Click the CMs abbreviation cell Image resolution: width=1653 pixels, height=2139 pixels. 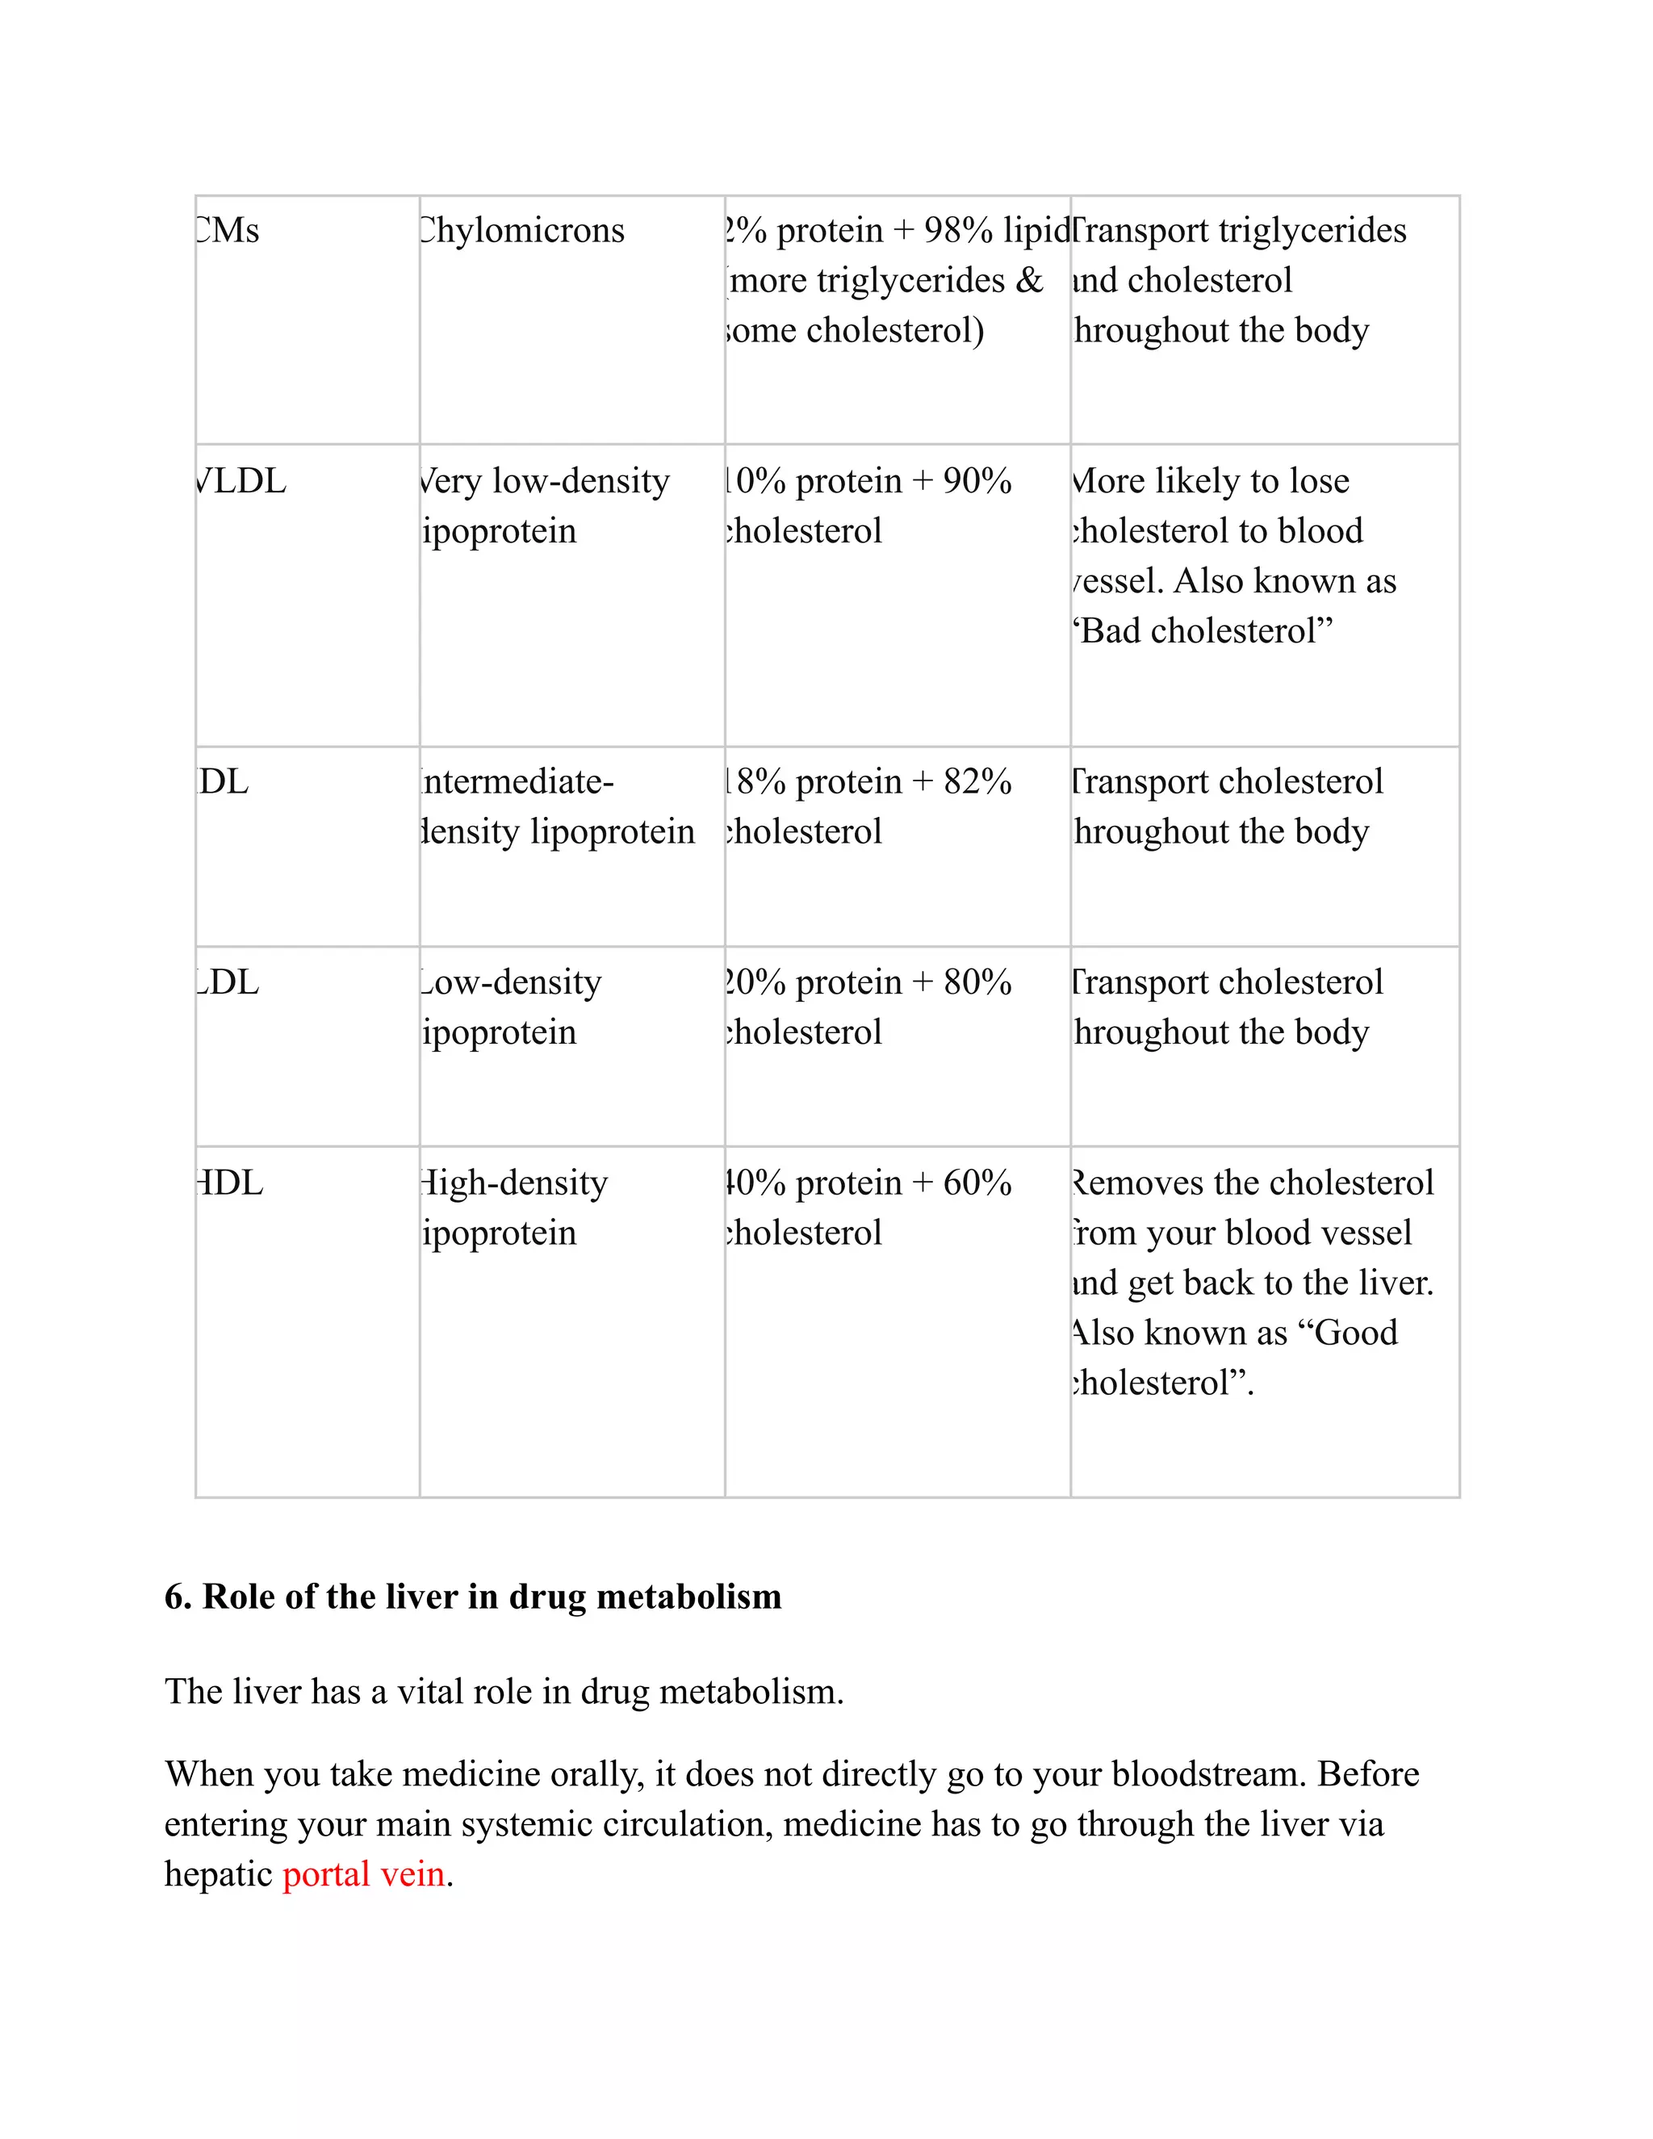tap(228, 231)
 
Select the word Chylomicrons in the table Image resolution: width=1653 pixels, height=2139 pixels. tap(522, 231)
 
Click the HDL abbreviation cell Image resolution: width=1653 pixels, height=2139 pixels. tap(230, 1183)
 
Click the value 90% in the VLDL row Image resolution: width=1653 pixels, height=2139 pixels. tap(977, 481)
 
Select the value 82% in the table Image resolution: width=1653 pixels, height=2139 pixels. tap(977, 781)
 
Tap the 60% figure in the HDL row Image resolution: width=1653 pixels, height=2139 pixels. tap(977, 1183)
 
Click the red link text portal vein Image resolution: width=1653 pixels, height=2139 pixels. tap(363, 1874)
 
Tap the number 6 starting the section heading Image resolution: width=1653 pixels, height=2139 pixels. tap(174, 1597)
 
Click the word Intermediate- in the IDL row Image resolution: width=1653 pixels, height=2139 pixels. tap(517, 781)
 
